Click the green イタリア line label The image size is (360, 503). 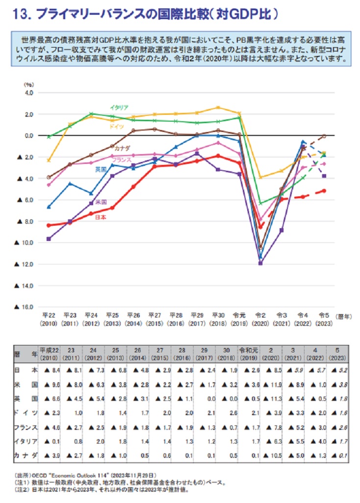pyautogui.click(x=119, y=107)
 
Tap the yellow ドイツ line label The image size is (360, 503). pyautogui.click(x=116, y=127)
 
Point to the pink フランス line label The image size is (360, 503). pyautogui.click(x=121, y=160)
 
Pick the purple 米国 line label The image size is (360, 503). pyautogui.click(x=102, y=202)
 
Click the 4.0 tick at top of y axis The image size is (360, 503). pyautogui.click(x=28, y=92)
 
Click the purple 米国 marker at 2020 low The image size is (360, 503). pyautogui.click(x=260, y=264)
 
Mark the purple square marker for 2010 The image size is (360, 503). pyautogui.click(x=48, y=239)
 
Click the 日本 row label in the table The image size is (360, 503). pyautogui.click(x=25, y=370)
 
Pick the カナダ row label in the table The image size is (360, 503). pyautogui.click(x=25, y=457)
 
